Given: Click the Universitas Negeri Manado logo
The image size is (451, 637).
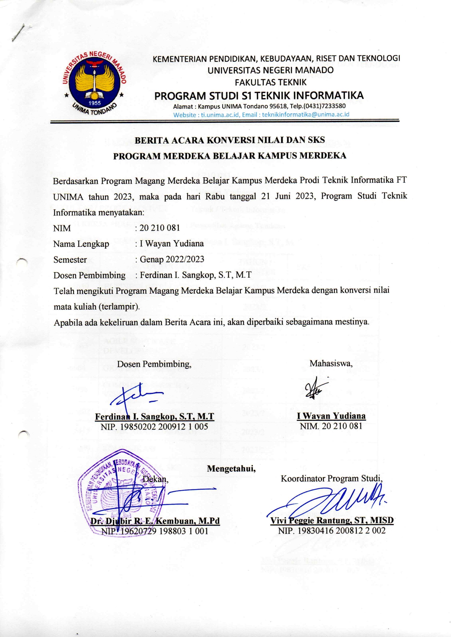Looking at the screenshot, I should coord(95,83).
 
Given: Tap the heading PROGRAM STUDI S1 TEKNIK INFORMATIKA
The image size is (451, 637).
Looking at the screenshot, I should coord(259,96).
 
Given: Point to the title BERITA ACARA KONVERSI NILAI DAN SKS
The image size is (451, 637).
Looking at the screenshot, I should coord(230,140).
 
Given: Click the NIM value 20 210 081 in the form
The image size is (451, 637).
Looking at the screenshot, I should coord(160,228).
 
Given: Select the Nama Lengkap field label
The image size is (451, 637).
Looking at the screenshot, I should coord(81,244).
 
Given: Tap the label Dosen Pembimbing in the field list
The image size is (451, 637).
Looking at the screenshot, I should coord(89,275).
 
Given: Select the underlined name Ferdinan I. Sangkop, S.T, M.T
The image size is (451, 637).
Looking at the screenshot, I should coord(155,416).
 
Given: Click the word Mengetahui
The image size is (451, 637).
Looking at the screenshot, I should coord(231,469).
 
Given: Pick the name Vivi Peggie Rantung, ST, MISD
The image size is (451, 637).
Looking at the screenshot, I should coord(332,520).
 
